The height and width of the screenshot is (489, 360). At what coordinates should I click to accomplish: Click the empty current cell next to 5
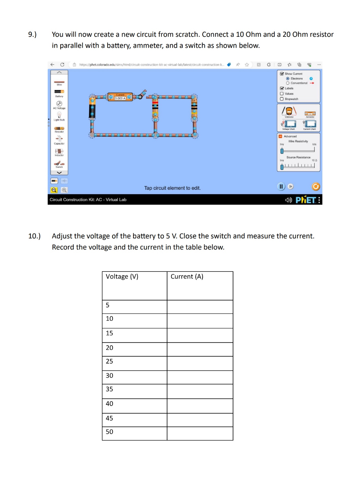[x=200, y=307]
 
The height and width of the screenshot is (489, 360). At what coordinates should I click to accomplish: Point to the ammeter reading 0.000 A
[x=121, y=97]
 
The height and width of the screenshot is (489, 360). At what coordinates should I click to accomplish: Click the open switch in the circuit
[x=141, y=95]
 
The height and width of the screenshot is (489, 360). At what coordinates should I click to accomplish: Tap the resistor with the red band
[x=155, y=108]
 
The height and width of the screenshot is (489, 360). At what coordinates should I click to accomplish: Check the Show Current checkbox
[x=282, y=74]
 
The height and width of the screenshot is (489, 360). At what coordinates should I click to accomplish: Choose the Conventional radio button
[x=288, y=83]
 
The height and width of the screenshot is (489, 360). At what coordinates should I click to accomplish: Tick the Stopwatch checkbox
[x=282, y=99]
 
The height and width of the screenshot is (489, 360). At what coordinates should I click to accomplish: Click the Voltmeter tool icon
[x=289, y=110]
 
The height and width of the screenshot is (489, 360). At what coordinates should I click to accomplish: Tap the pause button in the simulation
[x=281, y=187]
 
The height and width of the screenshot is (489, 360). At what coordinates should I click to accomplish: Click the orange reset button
[x=316, y=187]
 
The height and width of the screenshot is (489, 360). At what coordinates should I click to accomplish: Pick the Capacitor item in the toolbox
[x=59, y=140]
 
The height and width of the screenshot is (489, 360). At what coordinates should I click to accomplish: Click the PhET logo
[x=305, y=199]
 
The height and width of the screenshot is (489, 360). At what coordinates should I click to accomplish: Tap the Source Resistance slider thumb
[x=282, y=167]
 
